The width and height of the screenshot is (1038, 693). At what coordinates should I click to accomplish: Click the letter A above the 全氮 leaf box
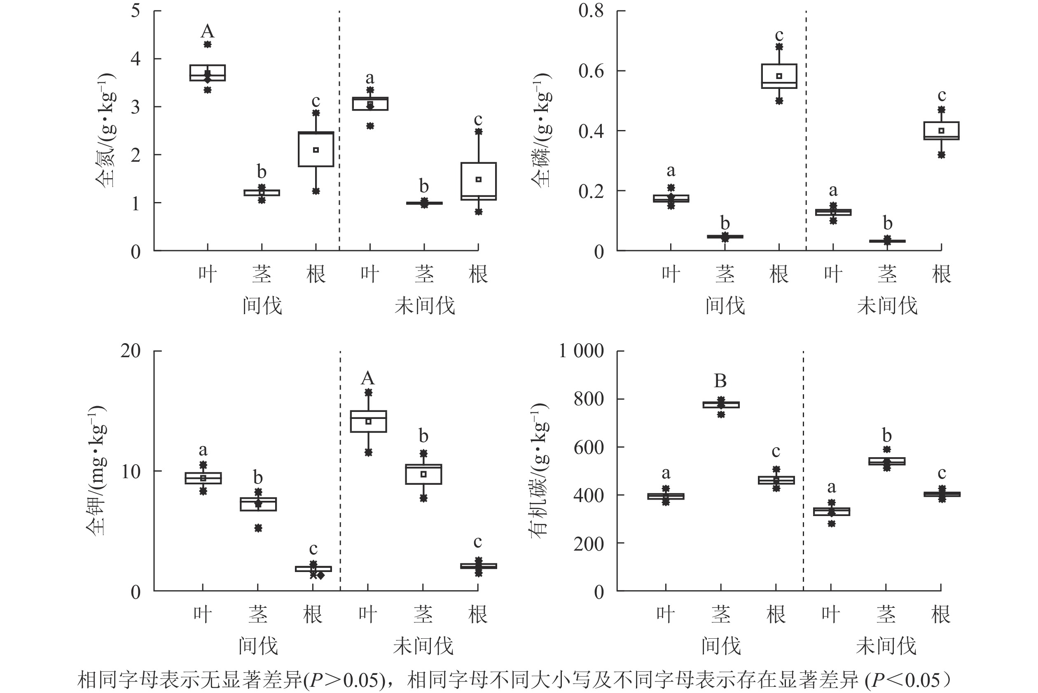click(208, 31)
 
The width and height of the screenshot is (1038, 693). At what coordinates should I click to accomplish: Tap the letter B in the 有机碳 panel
click(720, 381)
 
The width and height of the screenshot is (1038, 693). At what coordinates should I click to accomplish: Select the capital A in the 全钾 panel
click(367, 378)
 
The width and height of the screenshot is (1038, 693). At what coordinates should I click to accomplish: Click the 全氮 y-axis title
click(106, 130)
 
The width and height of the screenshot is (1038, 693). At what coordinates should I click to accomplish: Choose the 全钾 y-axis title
click(96, 470)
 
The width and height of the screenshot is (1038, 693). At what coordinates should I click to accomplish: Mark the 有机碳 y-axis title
click(540, 470)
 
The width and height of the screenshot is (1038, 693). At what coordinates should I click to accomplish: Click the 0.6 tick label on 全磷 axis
click(591, 71)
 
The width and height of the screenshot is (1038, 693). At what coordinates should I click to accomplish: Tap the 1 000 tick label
click(581, 351)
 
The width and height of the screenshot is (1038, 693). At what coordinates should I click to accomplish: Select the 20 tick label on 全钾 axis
click(131, 351)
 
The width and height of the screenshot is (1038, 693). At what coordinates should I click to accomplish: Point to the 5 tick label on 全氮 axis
click(136, 11)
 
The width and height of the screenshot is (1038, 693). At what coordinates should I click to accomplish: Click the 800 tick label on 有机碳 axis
click(588, 399)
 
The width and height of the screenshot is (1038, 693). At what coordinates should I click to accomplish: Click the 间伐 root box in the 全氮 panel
click(316, 149)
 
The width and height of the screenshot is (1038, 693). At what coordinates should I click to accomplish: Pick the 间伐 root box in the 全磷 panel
click(779, 76)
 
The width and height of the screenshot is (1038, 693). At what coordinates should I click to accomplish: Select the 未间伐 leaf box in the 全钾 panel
click(368, 421)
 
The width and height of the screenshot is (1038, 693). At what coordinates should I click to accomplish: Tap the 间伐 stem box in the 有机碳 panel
click(721, 405)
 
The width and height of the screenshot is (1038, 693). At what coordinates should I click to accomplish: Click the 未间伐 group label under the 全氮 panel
click(425, 306)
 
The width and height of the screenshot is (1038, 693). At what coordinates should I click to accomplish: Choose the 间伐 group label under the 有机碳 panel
click(721, 646)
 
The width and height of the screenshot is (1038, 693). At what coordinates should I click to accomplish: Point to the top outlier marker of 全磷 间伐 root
click(779, 47)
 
